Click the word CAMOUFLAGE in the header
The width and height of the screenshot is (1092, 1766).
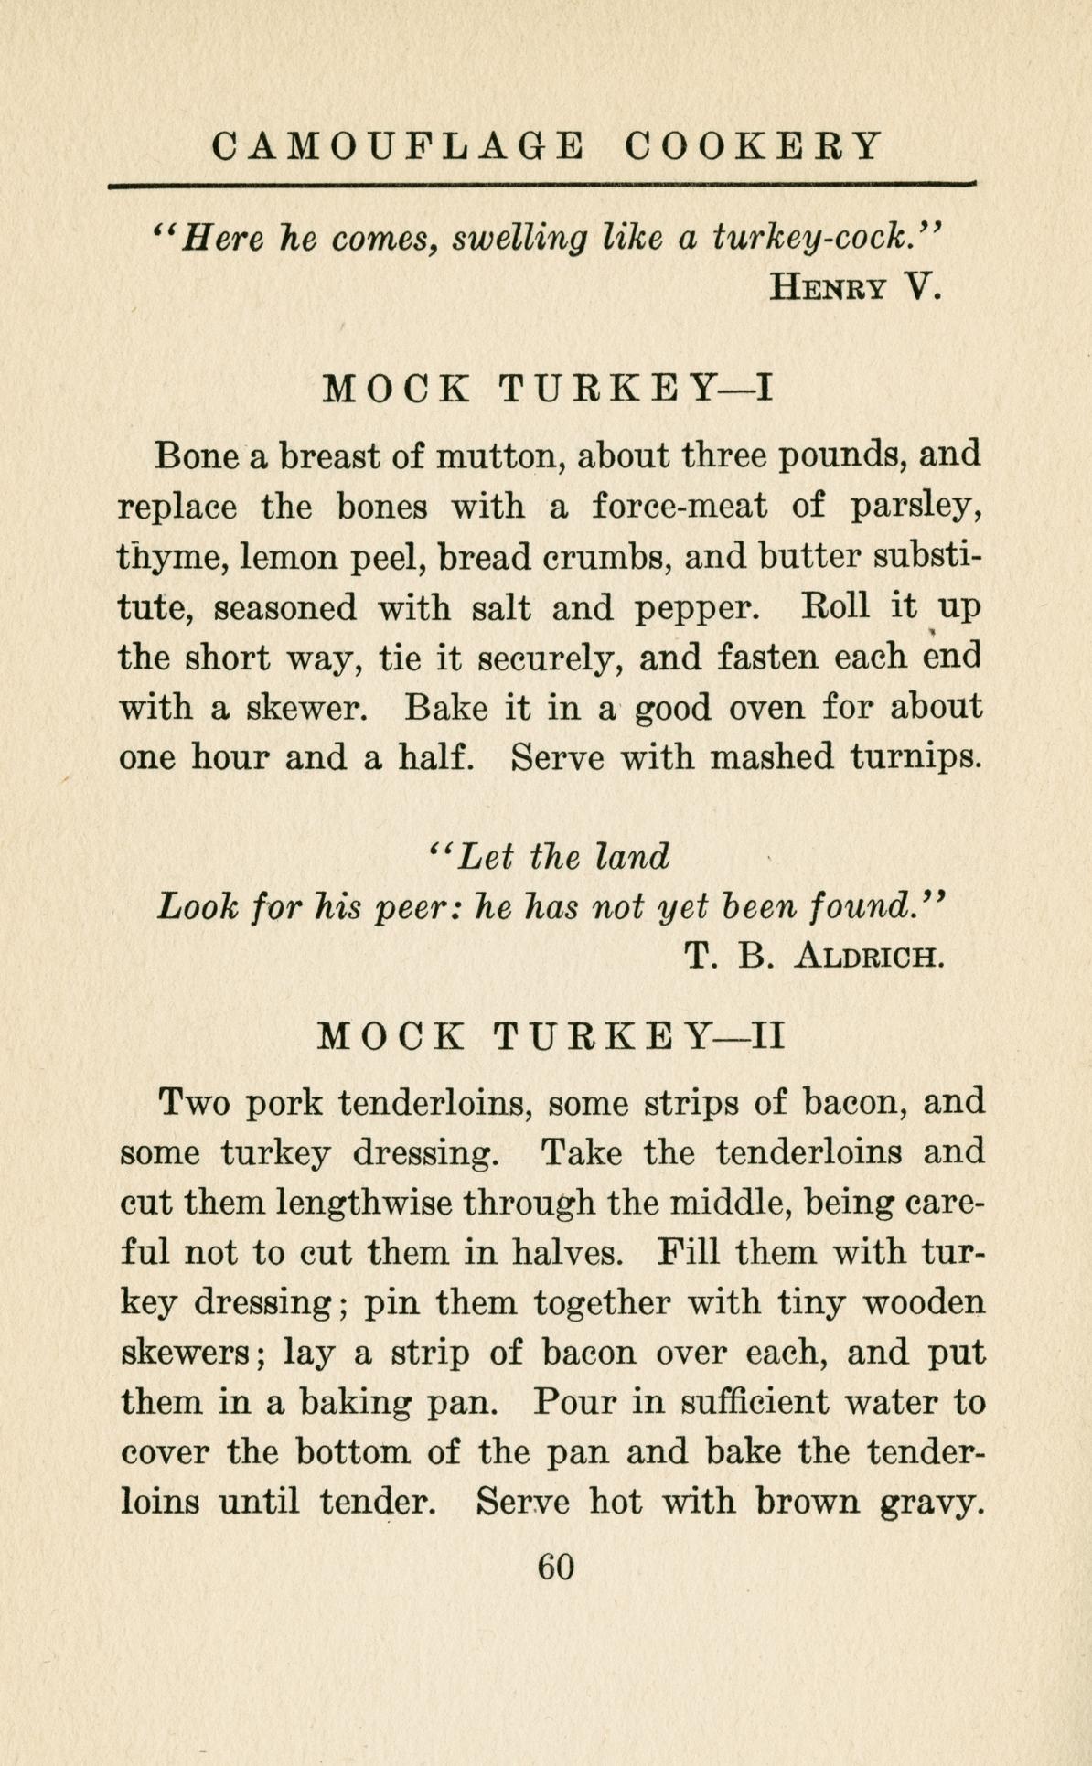click(396, 146)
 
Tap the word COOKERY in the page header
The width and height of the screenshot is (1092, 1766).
click(755, 146)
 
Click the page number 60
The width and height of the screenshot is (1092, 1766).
click(555, 1567)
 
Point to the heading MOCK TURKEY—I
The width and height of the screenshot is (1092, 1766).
click(550, 390)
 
